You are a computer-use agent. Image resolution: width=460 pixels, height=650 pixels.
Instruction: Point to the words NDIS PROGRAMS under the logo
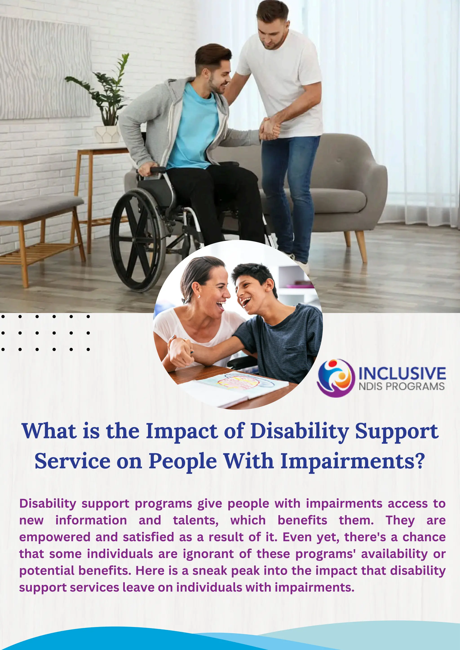[402, 386]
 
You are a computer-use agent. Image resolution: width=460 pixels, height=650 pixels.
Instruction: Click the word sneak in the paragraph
[210, 571]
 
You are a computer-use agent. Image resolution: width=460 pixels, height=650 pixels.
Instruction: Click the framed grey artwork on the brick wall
[44, 68]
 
